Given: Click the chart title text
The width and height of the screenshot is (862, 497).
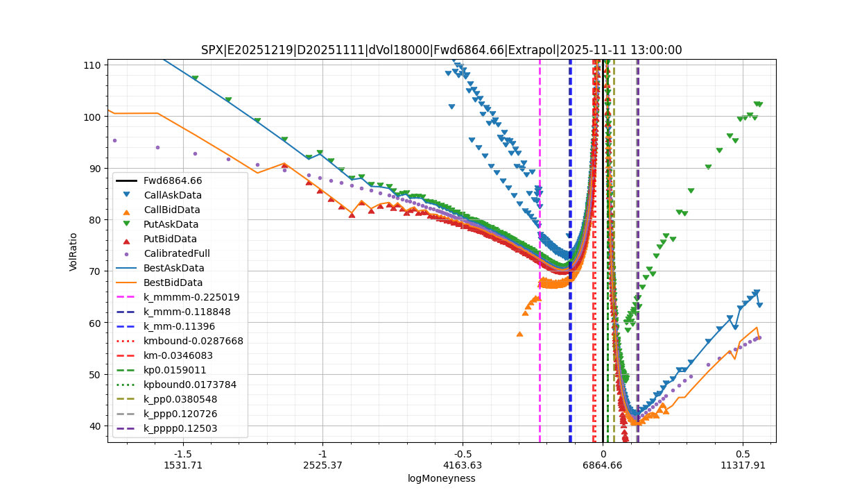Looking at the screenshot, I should (441, 50).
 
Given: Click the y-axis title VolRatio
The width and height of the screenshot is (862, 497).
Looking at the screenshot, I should (74, 251).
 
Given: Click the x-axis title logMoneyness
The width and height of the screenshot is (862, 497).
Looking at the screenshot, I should (441, 478).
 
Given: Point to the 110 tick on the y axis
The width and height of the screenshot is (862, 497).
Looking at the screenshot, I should (93, 65).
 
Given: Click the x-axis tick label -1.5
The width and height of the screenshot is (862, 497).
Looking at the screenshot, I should (183, 453).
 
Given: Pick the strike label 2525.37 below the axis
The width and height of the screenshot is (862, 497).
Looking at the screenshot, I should (322, 465).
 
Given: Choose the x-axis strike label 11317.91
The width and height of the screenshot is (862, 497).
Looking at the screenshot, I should (742, 465).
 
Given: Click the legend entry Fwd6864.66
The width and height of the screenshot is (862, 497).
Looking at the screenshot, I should (173, 180).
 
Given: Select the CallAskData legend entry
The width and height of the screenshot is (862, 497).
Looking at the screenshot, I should (172, 195).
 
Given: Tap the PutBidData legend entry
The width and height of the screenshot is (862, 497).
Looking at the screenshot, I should (170, 239).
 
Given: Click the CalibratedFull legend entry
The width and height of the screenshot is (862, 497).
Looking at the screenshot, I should (176, 253).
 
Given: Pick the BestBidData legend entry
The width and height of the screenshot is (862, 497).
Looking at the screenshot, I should (173, 283).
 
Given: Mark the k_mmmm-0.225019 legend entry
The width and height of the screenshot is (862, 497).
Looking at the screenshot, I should (191, 297).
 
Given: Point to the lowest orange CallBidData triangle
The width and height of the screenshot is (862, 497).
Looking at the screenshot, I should (519, 334).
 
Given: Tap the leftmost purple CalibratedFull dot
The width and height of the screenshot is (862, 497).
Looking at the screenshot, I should (114, 140).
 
